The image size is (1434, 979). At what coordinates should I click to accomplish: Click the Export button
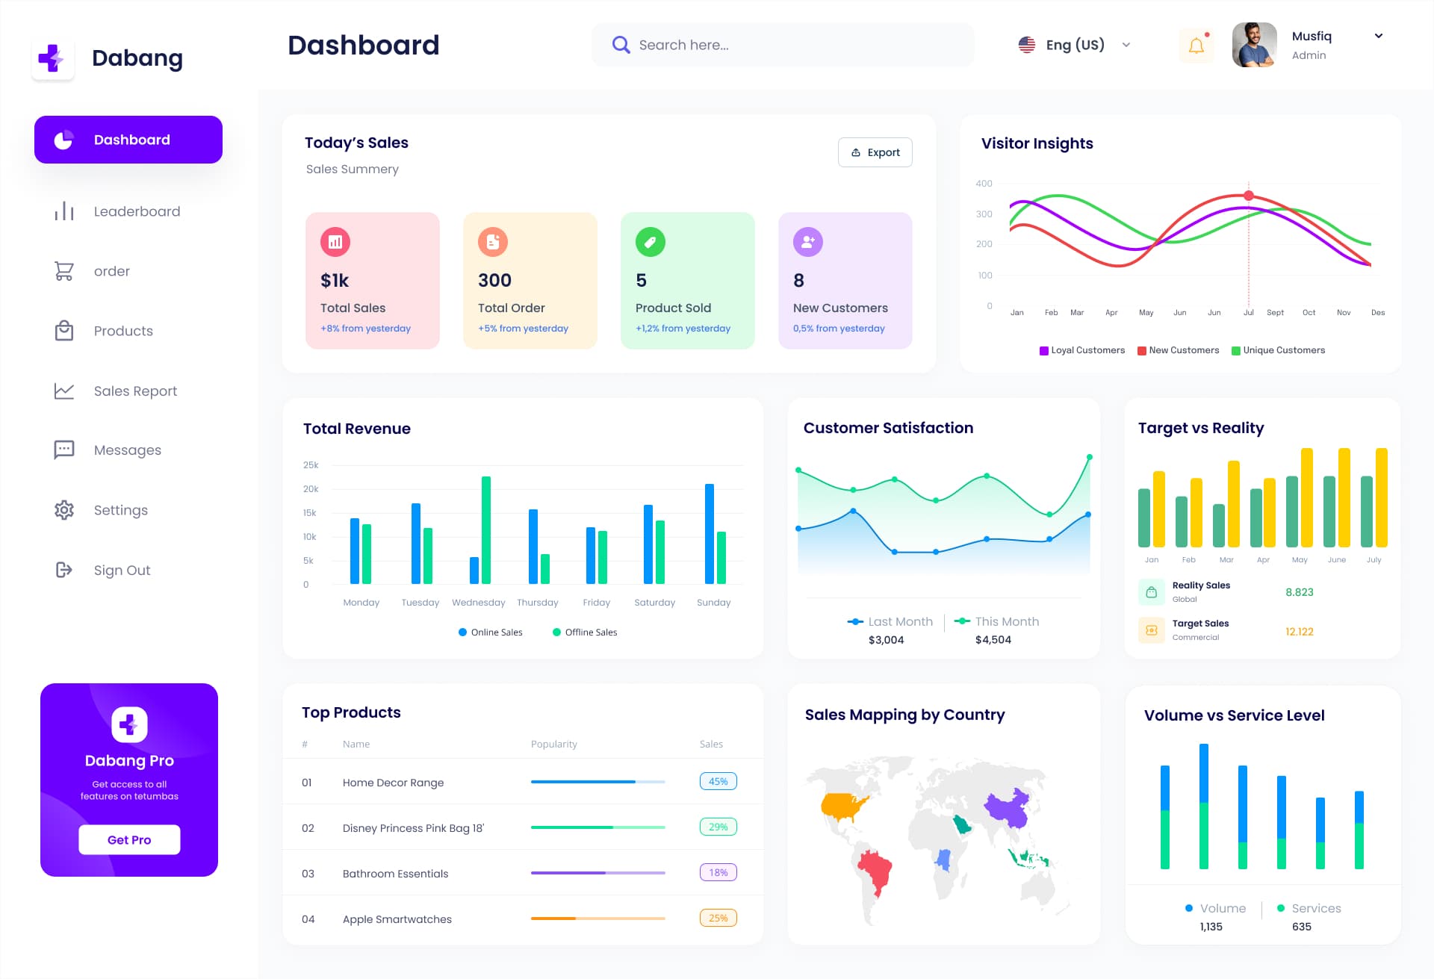875,152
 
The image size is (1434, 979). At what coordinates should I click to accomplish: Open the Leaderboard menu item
137,211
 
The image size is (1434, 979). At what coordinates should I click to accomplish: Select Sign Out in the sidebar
122,571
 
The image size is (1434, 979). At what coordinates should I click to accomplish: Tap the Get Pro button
129,839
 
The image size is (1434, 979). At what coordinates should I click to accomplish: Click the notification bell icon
1196,46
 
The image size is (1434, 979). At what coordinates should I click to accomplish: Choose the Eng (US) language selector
1074,45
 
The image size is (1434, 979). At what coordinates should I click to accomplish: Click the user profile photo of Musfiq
1254,45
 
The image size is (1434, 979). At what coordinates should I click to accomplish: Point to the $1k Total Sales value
335,281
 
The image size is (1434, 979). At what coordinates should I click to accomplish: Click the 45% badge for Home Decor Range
718,781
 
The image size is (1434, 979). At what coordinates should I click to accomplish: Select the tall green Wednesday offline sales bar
486,529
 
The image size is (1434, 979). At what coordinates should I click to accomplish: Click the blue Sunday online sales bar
709,533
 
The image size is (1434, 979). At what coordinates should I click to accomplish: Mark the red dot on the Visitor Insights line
1249,196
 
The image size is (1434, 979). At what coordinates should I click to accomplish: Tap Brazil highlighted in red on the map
875,870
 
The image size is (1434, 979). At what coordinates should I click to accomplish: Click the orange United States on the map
844,805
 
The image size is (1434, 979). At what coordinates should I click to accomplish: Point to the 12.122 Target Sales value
1299,632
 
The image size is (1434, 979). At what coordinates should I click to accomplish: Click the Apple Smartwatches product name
397,919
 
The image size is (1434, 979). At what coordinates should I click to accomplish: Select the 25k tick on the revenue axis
310,465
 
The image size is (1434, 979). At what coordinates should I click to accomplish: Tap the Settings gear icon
64,510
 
